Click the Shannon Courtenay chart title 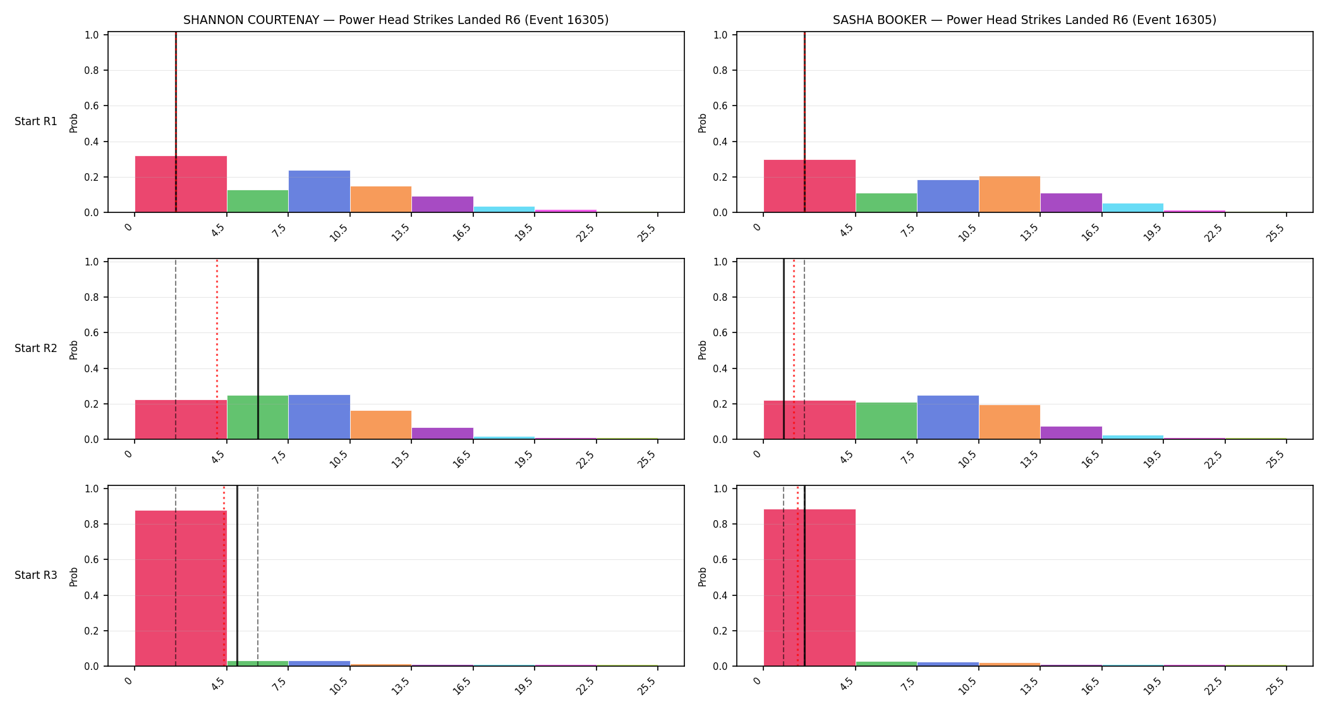pos(396,20)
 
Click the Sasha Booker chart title pos(1024,20)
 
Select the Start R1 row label pos(36,121)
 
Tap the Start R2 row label pos(36,348)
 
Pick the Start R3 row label pos(36,575)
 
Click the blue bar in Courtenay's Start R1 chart pos(319,191)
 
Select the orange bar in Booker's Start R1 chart pos(1009,194)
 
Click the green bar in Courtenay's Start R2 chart pos(258,417)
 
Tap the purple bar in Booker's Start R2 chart pos(1071,433)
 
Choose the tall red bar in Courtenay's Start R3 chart pos(181,588)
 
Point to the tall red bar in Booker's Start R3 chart pos(809,588)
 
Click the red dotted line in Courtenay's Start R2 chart pos(217,349)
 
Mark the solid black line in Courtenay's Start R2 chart pos(258,349)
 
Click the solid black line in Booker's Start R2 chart pos(784,349)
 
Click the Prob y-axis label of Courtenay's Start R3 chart pos(73,576)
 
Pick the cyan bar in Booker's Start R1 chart pos(1132,208)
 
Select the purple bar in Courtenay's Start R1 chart pos(442,204)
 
